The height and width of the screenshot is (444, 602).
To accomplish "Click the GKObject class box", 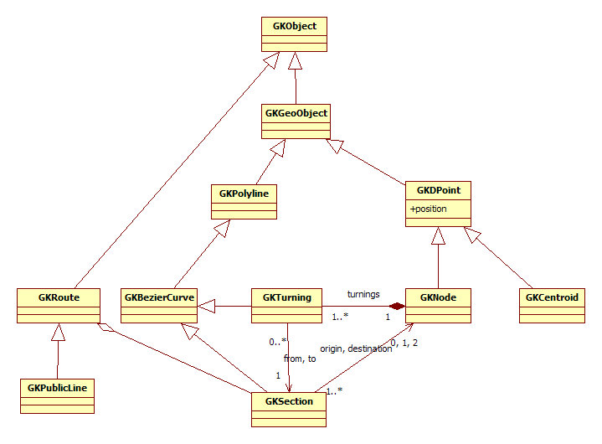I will coord(294,35).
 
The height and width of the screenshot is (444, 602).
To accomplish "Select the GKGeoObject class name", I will coord(296,112).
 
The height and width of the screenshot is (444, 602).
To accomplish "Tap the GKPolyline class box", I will coord(243,202).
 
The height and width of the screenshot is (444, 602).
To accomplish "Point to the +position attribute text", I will coord(429,209).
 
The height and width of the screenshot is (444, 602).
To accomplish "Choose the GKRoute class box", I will coord(58,306).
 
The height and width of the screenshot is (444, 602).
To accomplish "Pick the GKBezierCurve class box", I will coord(159,306).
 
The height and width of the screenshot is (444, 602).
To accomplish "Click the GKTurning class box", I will coord(286,306).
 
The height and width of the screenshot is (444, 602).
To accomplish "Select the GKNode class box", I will coord(438,306).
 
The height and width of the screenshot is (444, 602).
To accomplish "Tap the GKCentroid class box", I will coord(551,306).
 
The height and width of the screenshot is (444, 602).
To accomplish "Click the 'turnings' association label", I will coord(363,294).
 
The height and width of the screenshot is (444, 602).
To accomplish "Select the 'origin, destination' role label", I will coord(356,348).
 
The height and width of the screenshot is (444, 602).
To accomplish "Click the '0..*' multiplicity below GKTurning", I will coord(278,342).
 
